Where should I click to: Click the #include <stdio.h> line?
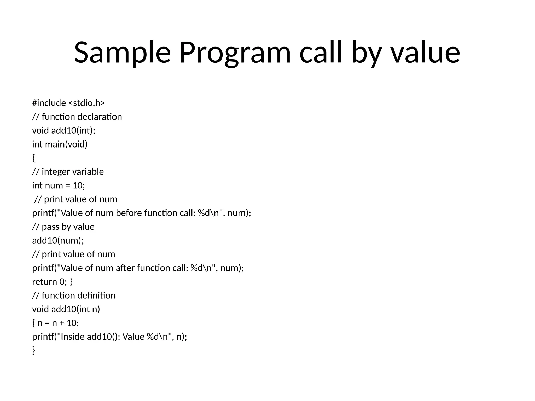[x=68, y=103]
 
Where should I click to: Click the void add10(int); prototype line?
[x=64, y=130]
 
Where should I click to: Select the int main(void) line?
[x=60, y=144]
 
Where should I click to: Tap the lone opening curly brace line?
[x=33, y=158]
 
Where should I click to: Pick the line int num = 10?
[x=59, y=186]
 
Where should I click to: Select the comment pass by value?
[x=68, y=227]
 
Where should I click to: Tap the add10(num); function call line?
[x=58, y=240]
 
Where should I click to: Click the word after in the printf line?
[x=125, y=268]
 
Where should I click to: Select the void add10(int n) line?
[x=66, y=309]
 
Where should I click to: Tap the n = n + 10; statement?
[x=58, y=323]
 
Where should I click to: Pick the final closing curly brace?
[x=33, y=350]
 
